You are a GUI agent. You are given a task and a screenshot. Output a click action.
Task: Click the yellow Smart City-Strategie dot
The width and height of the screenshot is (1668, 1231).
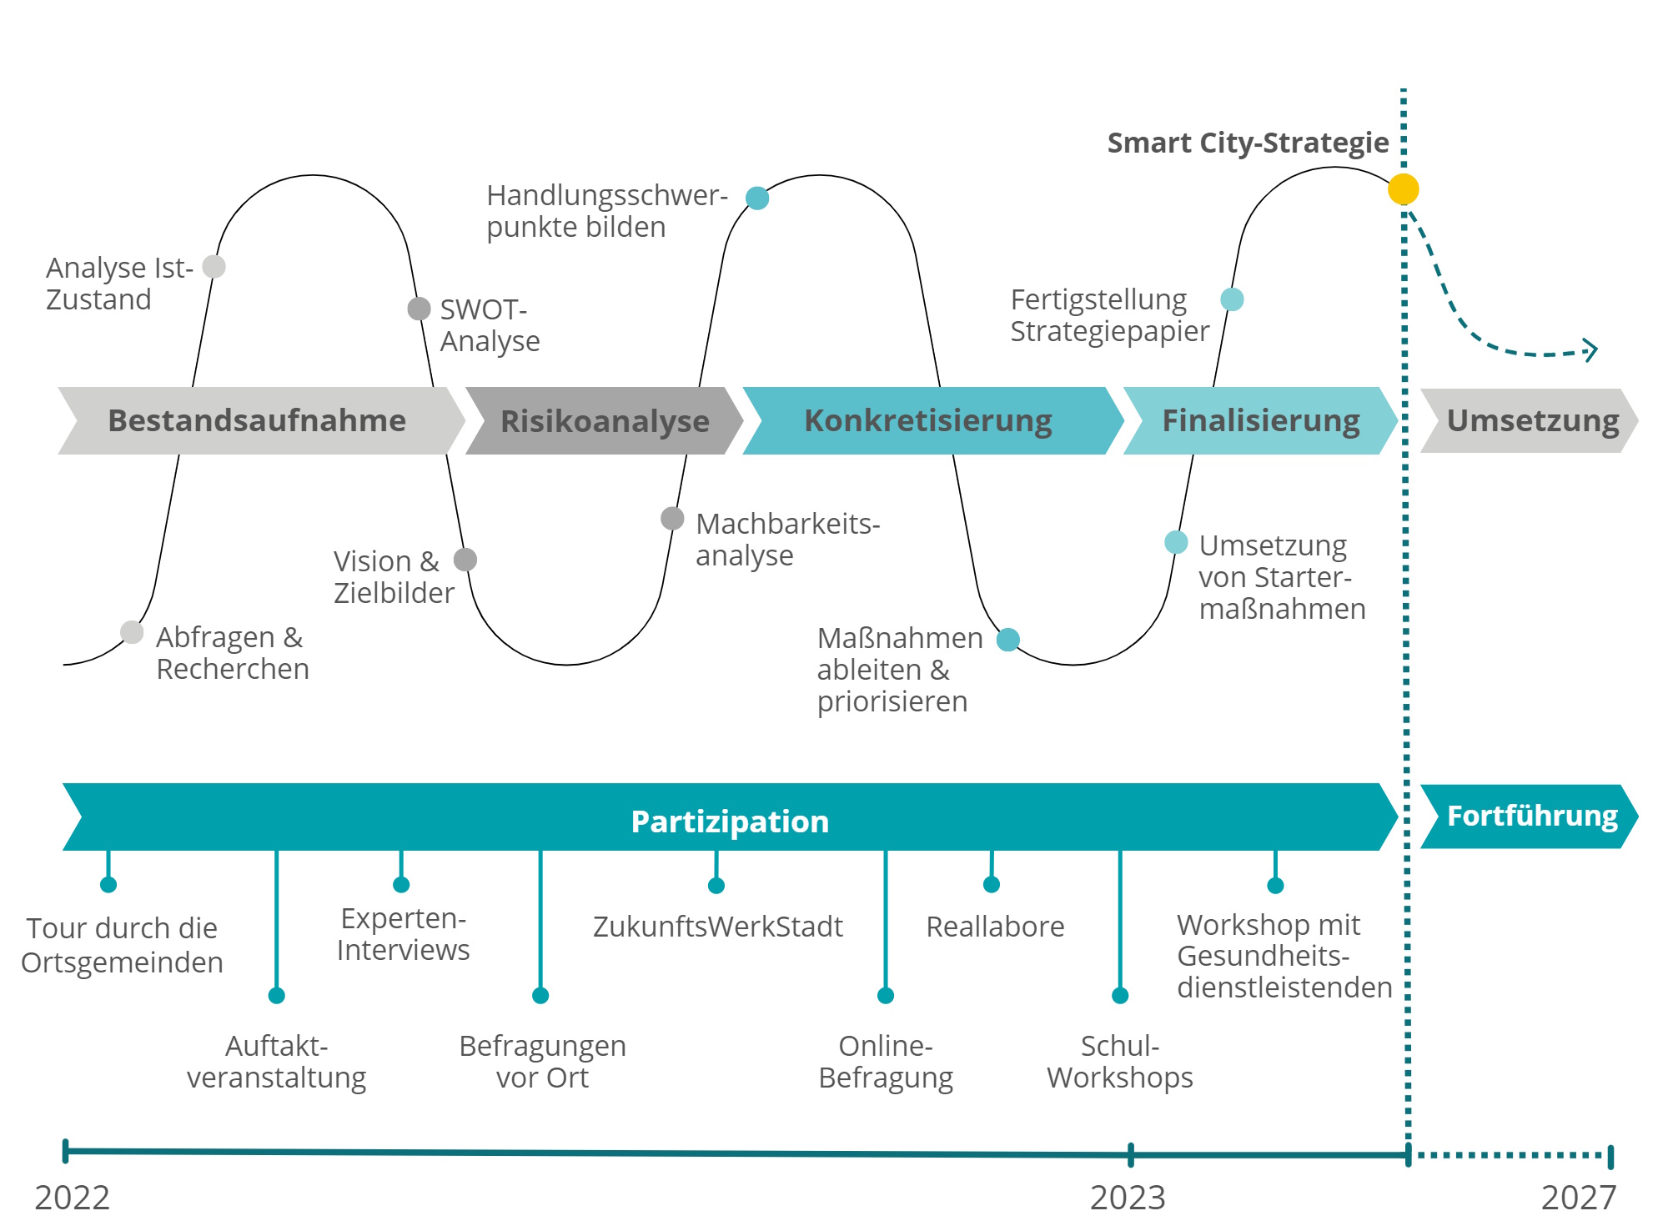pos(1403,189)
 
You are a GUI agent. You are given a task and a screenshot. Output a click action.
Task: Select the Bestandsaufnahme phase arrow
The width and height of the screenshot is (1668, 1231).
pos(257,420)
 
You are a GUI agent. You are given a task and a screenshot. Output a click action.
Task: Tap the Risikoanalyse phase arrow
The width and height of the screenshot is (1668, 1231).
pos(604,421)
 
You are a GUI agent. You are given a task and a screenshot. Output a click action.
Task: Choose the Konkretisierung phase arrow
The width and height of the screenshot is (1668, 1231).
pos(927,420)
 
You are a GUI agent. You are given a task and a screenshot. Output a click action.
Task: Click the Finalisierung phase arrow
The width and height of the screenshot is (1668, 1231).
pos(1260,420)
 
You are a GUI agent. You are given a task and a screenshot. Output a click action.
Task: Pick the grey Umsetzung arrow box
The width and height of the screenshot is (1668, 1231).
pos(1531,420)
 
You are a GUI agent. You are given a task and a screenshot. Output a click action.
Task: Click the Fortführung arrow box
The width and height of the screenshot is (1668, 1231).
pos(1531,816)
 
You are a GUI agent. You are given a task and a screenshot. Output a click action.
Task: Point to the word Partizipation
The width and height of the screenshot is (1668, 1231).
pos(730,822)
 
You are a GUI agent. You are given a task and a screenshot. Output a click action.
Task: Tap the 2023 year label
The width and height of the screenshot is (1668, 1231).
pos(1128,1198)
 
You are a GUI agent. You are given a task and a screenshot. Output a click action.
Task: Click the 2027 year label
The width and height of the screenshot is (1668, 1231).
pos(1578,1198)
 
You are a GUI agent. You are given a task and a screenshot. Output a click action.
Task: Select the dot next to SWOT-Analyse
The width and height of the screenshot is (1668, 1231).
pos(419,309)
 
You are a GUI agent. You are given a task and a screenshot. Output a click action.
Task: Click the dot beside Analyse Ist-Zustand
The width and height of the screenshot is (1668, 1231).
pos(214,267)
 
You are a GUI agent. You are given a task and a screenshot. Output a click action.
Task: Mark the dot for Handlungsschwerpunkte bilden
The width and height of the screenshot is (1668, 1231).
pos(757,198)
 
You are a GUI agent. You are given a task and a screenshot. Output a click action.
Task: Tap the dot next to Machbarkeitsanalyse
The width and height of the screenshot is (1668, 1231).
pos(672,519)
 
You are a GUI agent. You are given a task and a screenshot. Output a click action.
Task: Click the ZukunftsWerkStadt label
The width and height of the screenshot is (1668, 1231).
pos(717,927)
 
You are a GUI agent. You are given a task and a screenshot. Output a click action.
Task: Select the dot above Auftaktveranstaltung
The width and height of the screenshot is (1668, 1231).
pos(277,995)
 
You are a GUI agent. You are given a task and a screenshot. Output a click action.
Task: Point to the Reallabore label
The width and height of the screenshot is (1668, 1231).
pos(995,927)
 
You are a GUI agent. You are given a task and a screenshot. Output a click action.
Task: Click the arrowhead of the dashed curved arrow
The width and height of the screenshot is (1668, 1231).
pos(1591,350)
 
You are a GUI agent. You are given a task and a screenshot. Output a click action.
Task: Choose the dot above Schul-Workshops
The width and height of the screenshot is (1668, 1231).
pos(1120,995)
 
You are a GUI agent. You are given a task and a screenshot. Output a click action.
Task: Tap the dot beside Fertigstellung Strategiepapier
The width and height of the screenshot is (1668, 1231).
pos(1232,299)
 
